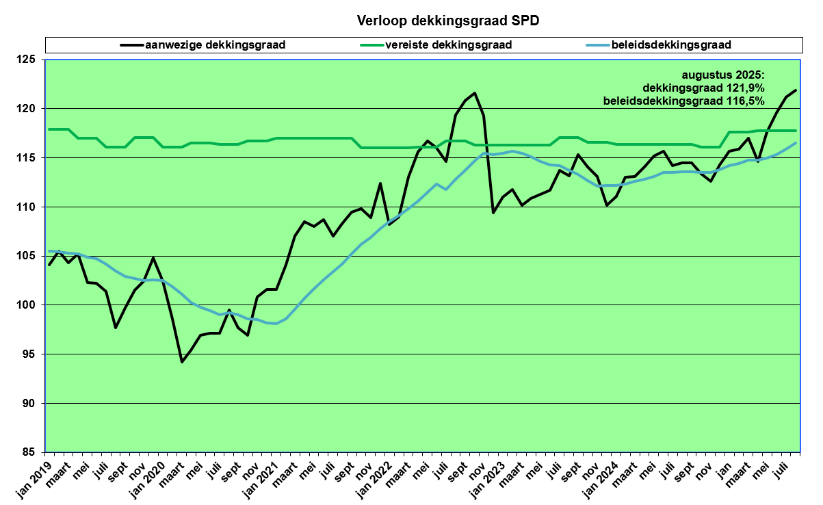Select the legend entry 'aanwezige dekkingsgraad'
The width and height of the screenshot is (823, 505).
tap(215, 45)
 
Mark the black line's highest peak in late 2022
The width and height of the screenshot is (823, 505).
tap(475, 93)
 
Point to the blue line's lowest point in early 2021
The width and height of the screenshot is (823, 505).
tap(276, 324)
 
